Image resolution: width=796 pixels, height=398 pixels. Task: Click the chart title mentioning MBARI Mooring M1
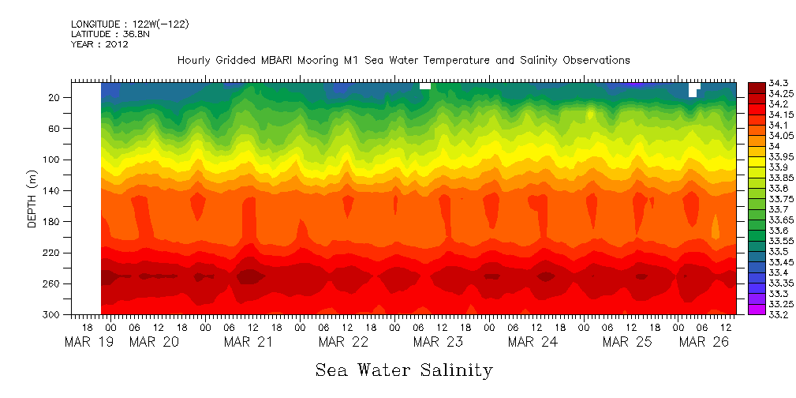(403, 60)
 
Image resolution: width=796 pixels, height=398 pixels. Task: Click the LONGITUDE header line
(129, 24)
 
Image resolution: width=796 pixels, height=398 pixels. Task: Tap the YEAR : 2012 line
(99, 45)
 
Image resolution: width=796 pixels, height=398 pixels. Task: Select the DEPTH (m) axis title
(32, 198)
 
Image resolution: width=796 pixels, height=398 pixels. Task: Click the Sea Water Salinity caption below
(404, 370)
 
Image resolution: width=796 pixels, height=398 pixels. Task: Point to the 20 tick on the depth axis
(55, 97)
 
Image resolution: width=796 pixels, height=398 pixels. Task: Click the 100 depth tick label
(52, 160)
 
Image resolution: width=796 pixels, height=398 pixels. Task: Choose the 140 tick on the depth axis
(52, 190)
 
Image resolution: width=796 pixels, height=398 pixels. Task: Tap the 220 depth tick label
(52, 253)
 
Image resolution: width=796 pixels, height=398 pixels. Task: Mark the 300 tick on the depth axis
(52, 314)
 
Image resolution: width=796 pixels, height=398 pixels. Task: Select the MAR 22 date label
(343, 342)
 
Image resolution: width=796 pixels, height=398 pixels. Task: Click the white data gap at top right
(693, 88)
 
